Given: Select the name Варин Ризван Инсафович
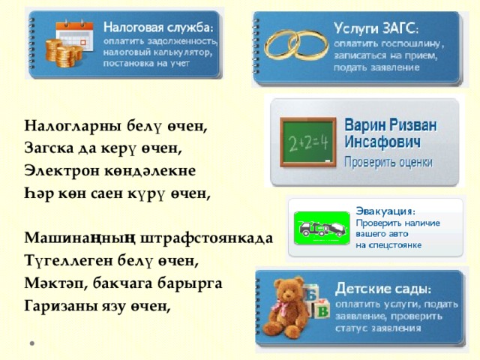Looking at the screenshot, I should (x=391, y=132).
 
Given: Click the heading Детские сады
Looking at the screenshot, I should (x=382, y=289).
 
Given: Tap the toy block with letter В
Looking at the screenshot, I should (x=322, y=310).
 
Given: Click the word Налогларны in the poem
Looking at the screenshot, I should (x=62, y=125).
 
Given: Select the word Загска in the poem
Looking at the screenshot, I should (x=47, y=148).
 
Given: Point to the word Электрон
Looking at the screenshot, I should (x=55, y=170).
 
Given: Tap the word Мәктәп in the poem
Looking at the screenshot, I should (x=49, y=283).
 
